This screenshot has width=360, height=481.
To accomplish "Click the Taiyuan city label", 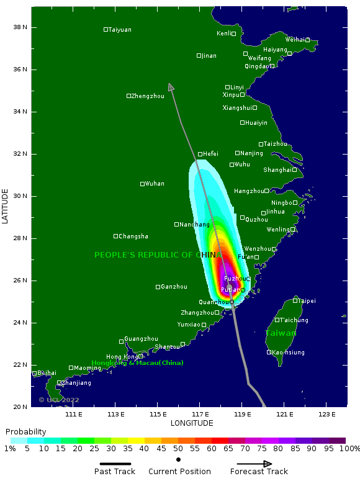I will pos(120,30).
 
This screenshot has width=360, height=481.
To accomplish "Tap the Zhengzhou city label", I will pos(148,96).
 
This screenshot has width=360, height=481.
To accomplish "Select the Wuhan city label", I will pos(154,184).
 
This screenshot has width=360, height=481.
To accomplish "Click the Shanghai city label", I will pos(277,170).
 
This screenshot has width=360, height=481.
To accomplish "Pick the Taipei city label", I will pos(306,301).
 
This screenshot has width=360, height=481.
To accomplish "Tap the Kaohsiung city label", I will pos(288,353).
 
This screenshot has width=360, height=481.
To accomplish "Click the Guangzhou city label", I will pos(141,339).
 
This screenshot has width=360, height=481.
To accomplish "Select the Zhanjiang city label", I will pos(76,383).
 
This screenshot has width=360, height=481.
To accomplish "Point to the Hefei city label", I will pos(210,154).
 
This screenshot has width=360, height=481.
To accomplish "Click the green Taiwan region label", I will pos(281,333).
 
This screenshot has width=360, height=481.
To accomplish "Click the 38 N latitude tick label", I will pos(21,27).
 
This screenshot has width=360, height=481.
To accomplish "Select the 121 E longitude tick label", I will pos(285,414).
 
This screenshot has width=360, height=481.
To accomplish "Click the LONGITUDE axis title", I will pos(192,423).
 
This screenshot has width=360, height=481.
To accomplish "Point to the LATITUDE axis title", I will pos(6,206).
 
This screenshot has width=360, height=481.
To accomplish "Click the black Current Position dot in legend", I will pos(179,460).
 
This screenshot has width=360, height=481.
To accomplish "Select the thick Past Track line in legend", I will pos(115,464).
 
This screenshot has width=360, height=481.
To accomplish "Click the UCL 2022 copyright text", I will pos(59,400).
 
